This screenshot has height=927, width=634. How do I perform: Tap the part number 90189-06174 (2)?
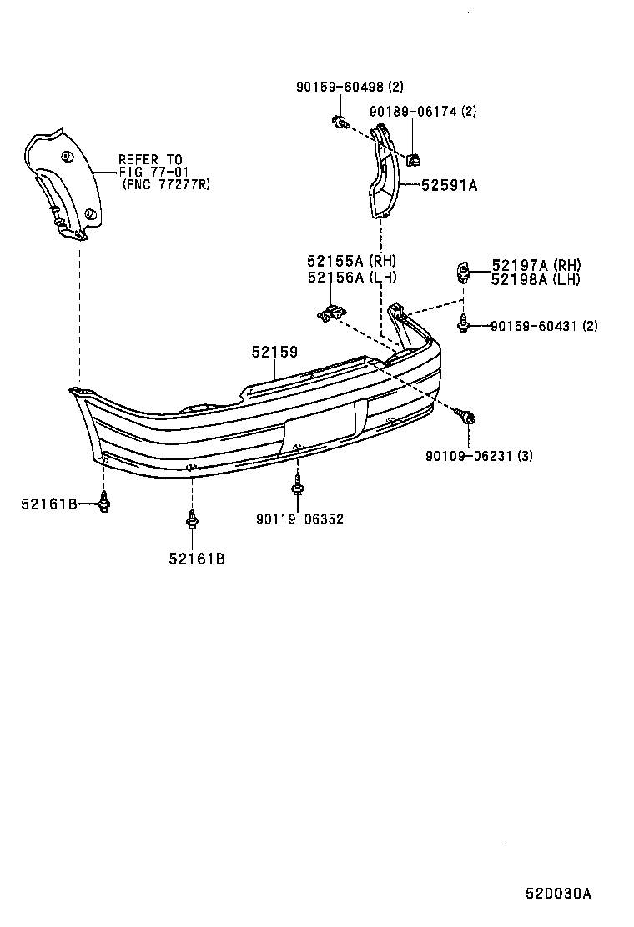(423, 111)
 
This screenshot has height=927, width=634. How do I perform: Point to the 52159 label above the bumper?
(274, 353)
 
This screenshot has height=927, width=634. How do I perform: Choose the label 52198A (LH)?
(536, 279)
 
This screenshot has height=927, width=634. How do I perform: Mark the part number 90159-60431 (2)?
(543, 326)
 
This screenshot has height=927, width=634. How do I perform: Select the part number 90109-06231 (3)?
(479, 455)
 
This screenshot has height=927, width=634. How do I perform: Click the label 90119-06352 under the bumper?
(300, 519)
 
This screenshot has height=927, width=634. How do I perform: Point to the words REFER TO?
(150, 159)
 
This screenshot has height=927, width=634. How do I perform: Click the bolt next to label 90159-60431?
(463, 325)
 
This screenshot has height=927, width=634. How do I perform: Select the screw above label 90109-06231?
(467, 415)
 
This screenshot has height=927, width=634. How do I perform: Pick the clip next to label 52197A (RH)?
(461, 270)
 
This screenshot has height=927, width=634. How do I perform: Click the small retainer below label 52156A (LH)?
(330, 313)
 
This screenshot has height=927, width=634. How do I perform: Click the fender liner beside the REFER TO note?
(63, 183)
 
